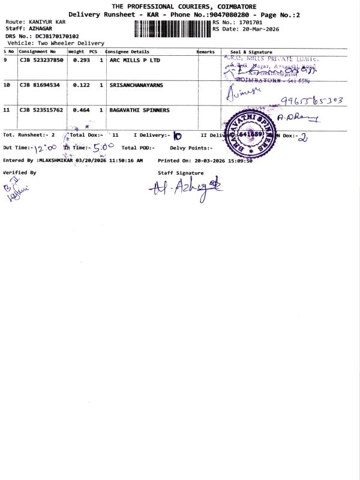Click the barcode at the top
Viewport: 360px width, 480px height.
click(x=173, y=28)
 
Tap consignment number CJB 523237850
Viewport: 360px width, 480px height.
click(x=41, y=60)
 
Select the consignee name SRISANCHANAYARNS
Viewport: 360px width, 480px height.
click(x=136, y=85)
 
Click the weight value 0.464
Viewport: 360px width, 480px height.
click(x=81, y=110)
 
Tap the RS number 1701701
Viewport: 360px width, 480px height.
click(x=250, y=22)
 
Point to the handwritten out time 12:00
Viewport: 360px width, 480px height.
click(x=42, y=147)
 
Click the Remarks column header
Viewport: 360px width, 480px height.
click(x=205, y=52)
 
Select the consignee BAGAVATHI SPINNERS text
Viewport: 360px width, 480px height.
click(x=139, y=110)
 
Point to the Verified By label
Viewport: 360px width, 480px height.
click(x=20, y=172)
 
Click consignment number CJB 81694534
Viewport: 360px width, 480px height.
click(x=39, y=85)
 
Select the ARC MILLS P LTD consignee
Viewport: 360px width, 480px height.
click(x=135, y=60)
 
